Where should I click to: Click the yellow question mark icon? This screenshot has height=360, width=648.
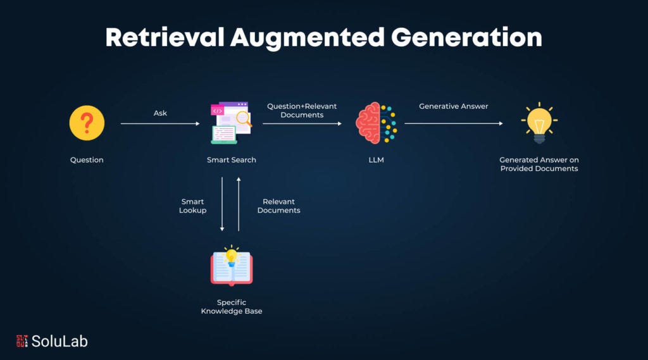point(87,123)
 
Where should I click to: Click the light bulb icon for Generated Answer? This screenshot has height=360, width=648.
point(539,123)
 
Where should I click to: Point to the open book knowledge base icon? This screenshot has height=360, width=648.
point(231,266)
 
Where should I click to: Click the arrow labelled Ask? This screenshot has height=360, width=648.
point(159,124)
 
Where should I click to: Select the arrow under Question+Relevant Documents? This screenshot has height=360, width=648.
point(302,124)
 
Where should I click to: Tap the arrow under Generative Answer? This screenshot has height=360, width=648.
point(453,124)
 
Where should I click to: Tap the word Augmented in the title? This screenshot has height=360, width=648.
point(307,38)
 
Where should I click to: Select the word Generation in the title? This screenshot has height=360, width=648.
point(467,38)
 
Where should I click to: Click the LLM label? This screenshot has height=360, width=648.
point(376,160)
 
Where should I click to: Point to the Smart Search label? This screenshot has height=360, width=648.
point(231,160)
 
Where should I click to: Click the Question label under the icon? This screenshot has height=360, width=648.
point(87,160)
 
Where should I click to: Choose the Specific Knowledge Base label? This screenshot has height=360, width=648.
point(231,307)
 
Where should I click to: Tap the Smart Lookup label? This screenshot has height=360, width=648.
point(192,206)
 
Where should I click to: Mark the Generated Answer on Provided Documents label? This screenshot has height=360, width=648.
point(539,164)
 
